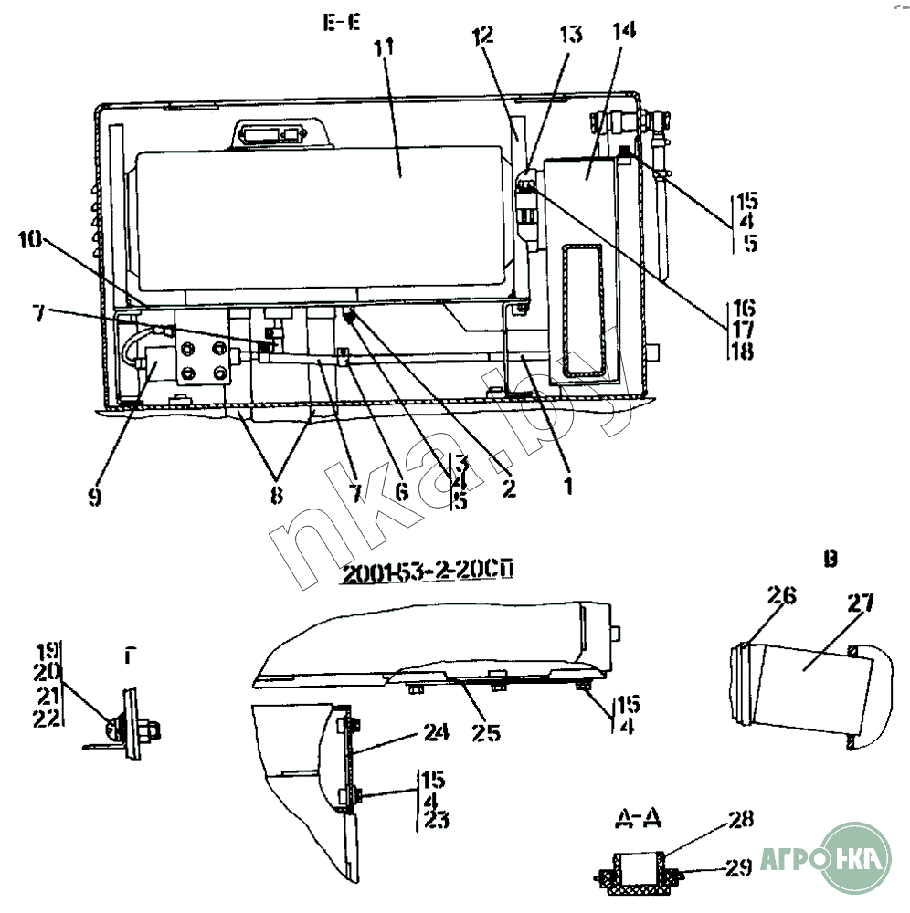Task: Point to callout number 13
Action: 570,35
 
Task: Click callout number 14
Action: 625,30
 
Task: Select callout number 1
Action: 567,487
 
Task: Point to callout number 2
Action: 508,488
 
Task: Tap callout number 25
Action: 486,732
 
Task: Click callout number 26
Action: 781,596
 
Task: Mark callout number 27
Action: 859,603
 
